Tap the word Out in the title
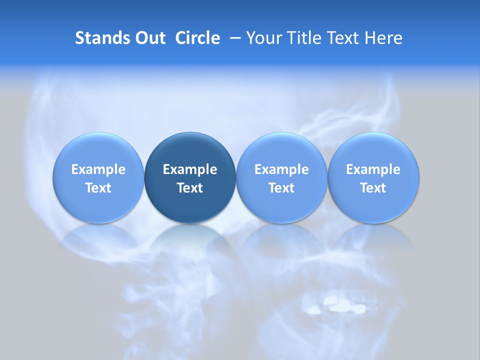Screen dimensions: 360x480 click(149, 38)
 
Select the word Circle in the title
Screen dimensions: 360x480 click(197, 38)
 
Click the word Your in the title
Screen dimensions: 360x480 click(262, 38)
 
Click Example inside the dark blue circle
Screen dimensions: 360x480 click(190, 169)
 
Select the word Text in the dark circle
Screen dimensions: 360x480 click(190, 188)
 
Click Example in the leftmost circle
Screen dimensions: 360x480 click(98, 169)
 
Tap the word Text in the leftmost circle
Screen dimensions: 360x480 click(98, 188)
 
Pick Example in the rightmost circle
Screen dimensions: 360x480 click(373, 169)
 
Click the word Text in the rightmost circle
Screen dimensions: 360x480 click(373, 188)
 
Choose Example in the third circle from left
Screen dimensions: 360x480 click(281, 169)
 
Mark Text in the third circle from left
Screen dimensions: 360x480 click(281, 188)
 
